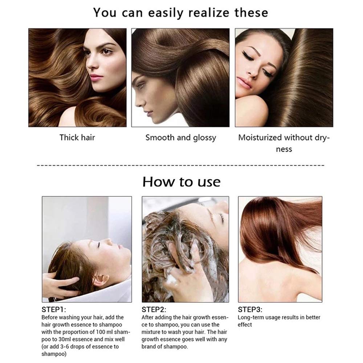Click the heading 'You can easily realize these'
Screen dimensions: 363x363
coord(180,13)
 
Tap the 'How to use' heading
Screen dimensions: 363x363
coord(181,182)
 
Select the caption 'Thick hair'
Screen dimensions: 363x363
coord(77,138)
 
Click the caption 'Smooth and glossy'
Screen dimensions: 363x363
coord(180,138)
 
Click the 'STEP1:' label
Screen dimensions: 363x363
coord(54,310)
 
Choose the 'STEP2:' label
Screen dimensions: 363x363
coord(154,310)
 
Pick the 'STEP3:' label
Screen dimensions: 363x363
coord(250,310)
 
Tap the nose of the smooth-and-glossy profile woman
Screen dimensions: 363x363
coord(138,102)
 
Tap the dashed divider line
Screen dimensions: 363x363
coord(180,165)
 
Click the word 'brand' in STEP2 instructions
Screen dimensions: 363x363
coord(148,347)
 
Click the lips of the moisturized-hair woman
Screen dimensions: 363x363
coord(244,82)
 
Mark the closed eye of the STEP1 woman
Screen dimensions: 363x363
coord(99,244)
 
